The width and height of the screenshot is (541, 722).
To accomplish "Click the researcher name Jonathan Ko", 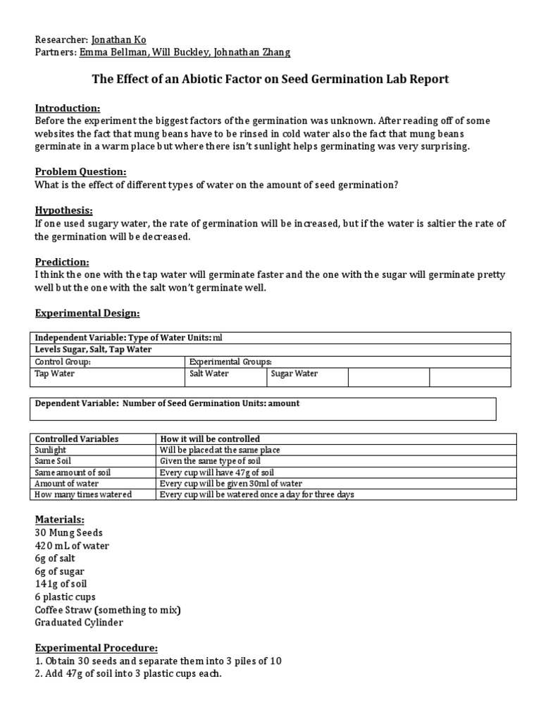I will point(120,40).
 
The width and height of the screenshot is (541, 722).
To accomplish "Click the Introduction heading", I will point(68,108).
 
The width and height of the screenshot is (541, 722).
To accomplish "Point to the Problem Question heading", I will point(81,172).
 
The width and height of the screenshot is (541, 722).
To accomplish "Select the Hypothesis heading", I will point(64,211).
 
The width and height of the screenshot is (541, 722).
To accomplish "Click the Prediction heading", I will point(62,262).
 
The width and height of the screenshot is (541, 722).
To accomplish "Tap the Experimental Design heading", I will point(88,312).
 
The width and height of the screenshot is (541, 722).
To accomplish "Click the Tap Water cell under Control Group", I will point(55,374).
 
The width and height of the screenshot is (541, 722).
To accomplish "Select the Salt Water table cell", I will point(209,374).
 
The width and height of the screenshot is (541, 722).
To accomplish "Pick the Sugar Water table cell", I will point(294,374).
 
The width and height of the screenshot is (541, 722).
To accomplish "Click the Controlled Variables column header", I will point(77,439).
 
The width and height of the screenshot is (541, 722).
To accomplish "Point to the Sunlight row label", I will point(51,450).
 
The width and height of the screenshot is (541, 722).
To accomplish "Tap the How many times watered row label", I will point(83,495).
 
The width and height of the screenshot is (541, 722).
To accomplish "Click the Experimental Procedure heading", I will point(97,647).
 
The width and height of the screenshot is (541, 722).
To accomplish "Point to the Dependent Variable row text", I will point(167,403).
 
